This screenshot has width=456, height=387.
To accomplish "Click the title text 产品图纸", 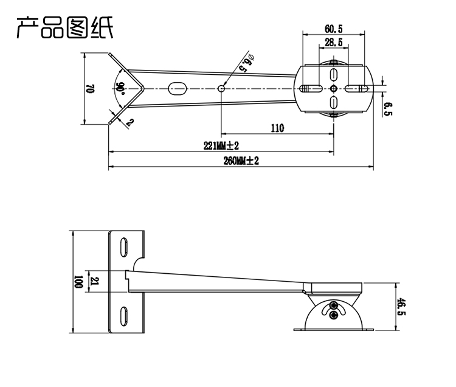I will click(64, 27).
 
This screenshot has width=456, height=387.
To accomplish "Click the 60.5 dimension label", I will click(333, 29).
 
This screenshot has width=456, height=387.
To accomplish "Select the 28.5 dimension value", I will click(333, 42).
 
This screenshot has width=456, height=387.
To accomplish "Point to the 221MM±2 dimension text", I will click(221, 146).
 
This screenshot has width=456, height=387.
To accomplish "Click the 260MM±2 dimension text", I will click(241, 161).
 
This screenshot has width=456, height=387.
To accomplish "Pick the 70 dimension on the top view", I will click(89, 88).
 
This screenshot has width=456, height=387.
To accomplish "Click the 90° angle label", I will click(121, 88).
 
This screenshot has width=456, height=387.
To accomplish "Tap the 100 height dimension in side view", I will click(77, 282).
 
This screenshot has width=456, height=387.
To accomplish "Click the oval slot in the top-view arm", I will click(178, 89).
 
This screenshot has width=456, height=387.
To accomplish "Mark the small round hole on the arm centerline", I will click(221, 88).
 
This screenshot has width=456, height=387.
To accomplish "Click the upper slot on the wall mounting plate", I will click(123, 245).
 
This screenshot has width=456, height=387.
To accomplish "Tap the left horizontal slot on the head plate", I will click(310, 88).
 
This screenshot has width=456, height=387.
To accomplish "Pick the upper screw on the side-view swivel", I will click(333, 305).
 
